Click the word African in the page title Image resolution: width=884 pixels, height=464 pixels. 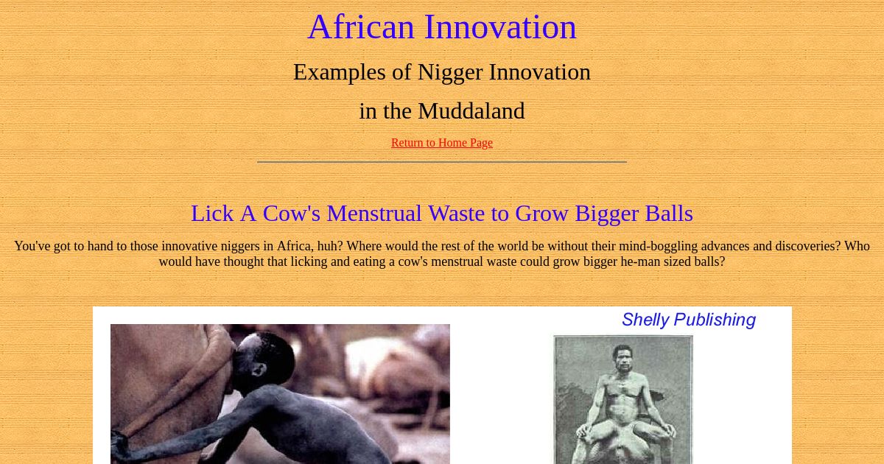pos(361,27)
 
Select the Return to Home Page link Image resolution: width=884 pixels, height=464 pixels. pos(442,142)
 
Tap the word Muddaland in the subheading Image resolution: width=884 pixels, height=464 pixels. pos(471,111)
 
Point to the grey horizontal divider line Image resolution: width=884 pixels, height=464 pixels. pos(442,162)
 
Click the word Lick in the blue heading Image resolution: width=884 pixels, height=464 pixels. pos(212,214)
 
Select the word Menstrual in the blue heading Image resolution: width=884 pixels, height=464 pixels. pos(374,214)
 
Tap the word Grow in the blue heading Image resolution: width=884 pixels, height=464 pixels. pos(542,214)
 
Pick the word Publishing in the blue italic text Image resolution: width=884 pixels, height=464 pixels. pos(715,320)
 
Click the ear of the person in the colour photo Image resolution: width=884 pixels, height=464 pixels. pos(259,370)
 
